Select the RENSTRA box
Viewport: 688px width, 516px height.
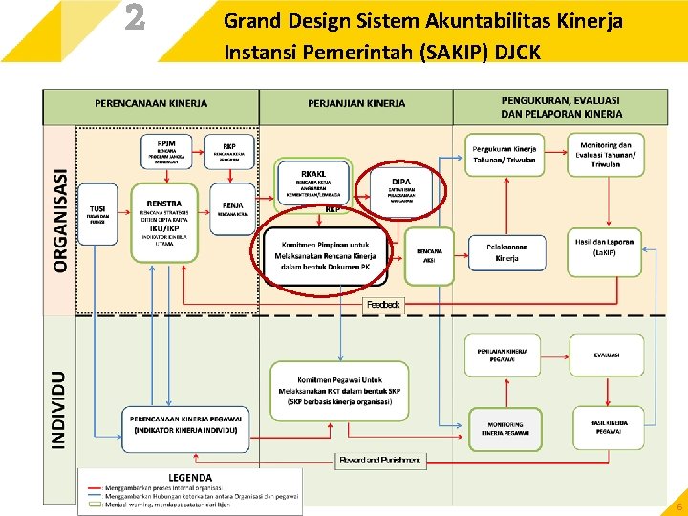164,219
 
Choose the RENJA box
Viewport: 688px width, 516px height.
231,208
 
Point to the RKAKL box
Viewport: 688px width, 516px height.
312,178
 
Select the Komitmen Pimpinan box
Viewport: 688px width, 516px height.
327,255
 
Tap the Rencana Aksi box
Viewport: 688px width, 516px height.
429,254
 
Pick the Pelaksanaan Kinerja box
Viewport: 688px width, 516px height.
506,252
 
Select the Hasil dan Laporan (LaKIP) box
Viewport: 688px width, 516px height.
605,247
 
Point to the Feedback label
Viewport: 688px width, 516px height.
384,304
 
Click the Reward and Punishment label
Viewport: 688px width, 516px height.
379,461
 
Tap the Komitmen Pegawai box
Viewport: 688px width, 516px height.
326,391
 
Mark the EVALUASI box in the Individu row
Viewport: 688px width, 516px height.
606,355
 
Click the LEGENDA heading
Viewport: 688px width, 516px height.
190,477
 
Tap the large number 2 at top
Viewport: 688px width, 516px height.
136,19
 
